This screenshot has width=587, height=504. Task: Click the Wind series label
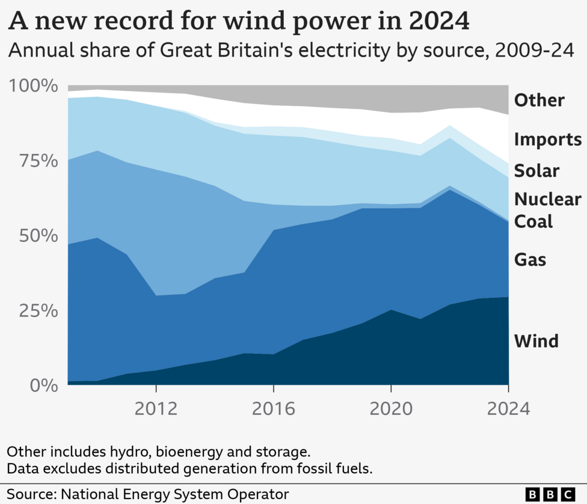click(536, 341)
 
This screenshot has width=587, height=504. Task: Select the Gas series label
click(530, 259)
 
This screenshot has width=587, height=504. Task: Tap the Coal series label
click(533, 221)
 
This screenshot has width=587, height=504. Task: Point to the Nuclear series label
click(548, 199)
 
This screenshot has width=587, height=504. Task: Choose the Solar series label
click(536, 171)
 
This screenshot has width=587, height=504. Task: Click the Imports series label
click(547, 140)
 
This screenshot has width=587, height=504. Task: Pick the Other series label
click(539, 100)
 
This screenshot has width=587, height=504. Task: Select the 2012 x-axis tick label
click(156, 410)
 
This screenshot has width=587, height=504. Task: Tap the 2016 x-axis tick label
click(274, 410)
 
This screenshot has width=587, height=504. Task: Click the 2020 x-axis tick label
click(391, 410)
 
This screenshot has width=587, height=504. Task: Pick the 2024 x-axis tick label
click(508, 410)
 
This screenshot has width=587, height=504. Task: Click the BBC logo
click(550, 494)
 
